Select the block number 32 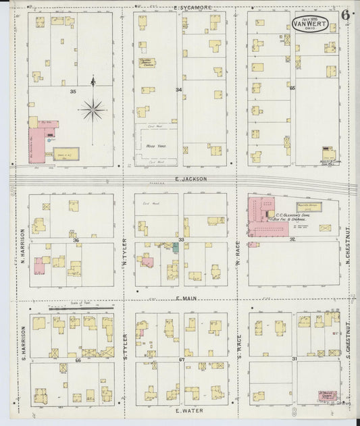coord(292,239)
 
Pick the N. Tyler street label coord(125,251)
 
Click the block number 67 coord(181,359)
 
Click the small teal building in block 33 coord(175,248)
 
